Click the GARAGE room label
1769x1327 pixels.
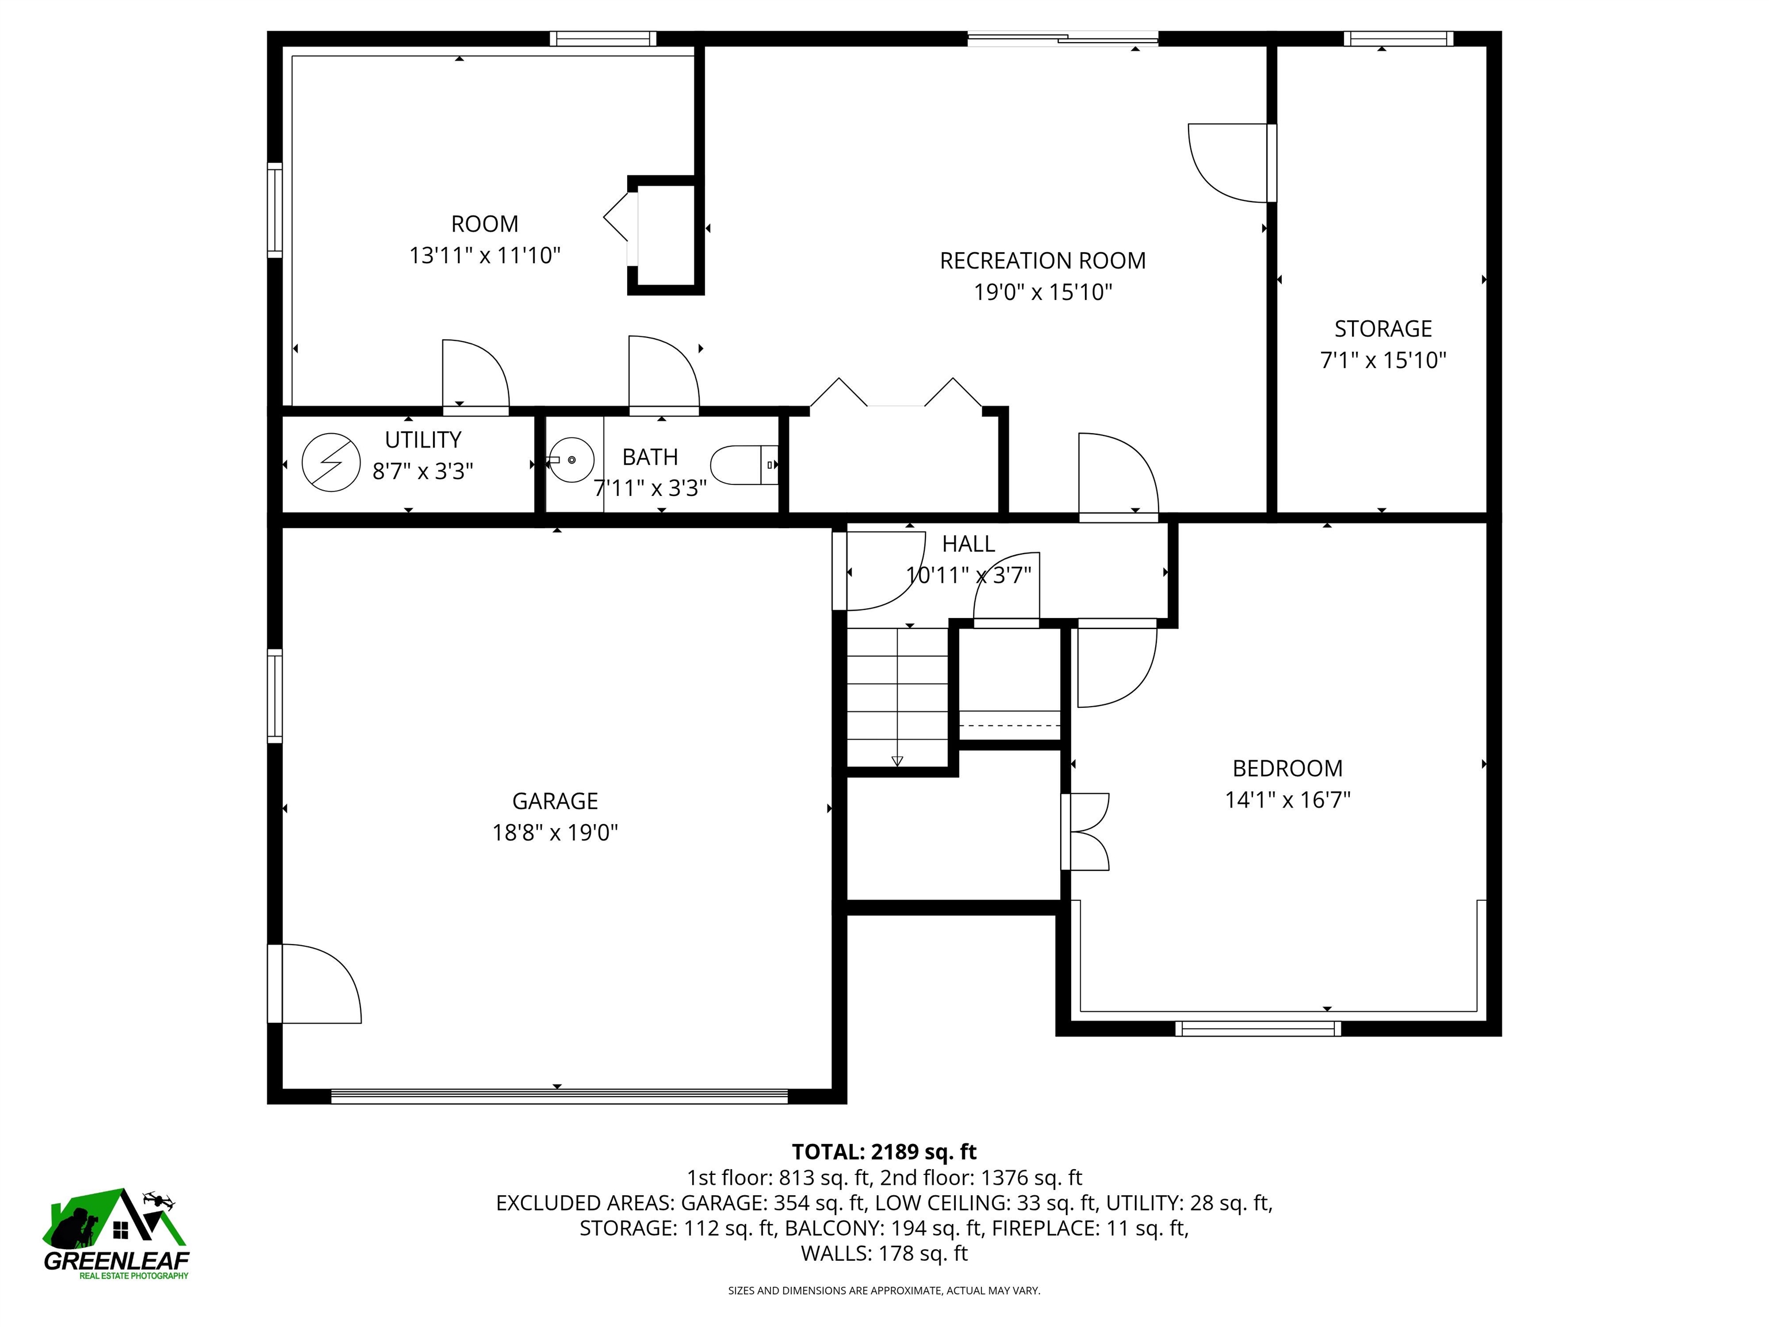pos(555,801)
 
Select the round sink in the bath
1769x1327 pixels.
pos(572,460)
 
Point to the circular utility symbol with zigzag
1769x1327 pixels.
pos(331,462)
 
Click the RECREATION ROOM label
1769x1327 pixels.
pos(1042,261)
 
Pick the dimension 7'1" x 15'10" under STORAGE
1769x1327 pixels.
pos(1383,361)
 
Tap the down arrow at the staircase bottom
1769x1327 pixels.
pos(897,761)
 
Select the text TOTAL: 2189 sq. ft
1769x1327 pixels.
pos(884,1152)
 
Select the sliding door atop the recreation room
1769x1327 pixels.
pos(1063,37)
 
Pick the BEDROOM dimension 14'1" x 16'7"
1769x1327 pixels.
pos(1288,800)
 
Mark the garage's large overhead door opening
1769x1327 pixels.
pos(559,1097)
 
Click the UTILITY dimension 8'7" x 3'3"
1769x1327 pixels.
pos(423,471)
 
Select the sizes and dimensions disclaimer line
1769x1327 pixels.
pos(884,1290)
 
